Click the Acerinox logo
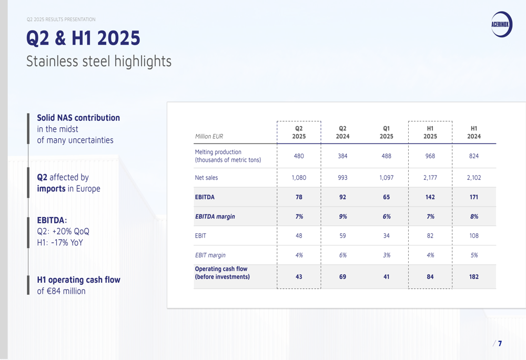click(x=501, y=24)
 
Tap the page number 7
click(x=500, y=344)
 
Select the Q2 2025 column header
click(x=299, y=132)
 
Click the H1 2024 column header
click(x=474, y=132)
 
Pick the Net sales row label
click(x=206, y=178)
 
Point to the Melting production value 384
click(x=342, y=156)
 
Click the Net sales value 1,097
click(x=386, y=178)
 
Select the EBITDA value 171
click(x=474, y=197)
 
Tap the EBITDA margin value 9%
click(x=342, y=217)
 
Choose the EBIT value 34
click(x=386, y=236)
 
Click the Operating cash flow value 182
click(x=474, y=276)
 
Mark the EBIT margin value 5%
click(x=474, y=255)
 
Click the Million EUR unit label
click(x=209, y=137)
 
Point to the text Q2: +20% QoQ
click(x=63, y=231)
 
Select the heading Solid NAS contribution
click(x=78, y=118)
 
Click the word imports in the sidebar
click(x=51, y=189)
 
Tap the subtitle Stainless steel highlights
click(x=99, y=61)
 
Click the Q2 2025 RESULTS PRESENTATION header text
click(x=61, y=19)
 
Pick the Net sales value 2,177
click(x=430, y=178)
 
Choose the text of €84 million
click(x=61, y=291)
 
